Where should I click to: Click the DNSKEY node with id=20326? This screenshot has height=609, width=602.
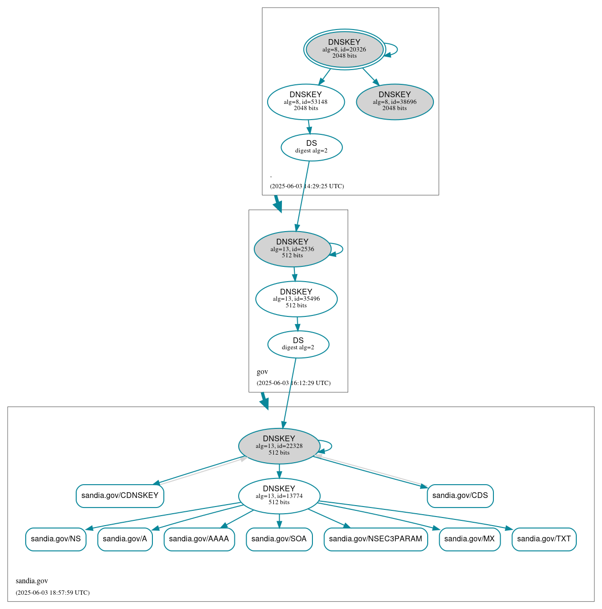[x=344, y=49]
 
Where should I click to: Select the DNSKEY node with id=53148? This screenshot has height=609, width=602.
[x=306, y=101]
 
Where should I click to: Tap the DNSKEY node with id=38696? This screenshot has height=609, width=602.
[x=395, y=101]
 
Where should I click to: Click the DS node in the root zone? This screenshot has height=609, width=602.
[x=311, y=147]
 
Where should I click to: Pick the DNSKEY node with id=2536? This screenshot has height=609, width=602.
[x=292, y=249]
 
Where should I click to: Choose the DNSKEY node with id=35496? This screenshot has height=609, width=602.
[x=296, y=299]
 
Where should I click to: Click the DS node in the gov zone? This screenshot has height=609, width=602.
[x=298, y=344]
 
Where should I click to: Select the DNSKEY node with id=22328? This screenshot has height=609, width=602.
[x=279, y=446]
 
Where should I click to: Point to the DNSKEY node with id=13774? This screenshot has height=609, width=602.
[x=279, y=496]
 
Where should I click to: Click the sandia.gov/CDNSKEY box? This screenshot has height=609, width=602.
[x=120, y=496]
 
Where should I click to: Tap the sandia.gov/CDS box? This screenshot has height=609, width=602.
[x=460, y=496]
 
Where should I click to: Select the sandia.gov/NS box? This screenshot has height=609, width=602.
[x=56, y=539]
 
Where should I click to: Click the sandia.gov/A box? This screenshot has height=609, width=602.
[x=125, y=539]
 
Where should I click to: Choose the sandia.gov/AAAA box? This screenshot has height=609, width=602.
[x=199, y=539]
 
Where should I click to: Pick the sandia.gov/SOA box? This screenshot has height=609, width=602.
[x=279, y=539]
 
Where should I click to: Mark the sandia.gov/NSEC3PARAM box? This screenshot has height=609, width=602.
[x=376, y=539]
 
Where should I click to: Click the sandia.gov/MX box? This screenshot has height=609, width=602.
[x=470, y=539]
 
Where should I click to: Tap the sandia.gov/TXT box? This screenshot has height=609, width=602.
[x=544, y=539]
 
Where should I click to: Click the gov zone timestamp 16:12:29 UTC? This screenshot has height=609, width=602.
[x=293, y=383]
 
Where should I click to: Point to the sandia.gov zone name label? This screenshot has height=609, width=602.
[x=32, y=581]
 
